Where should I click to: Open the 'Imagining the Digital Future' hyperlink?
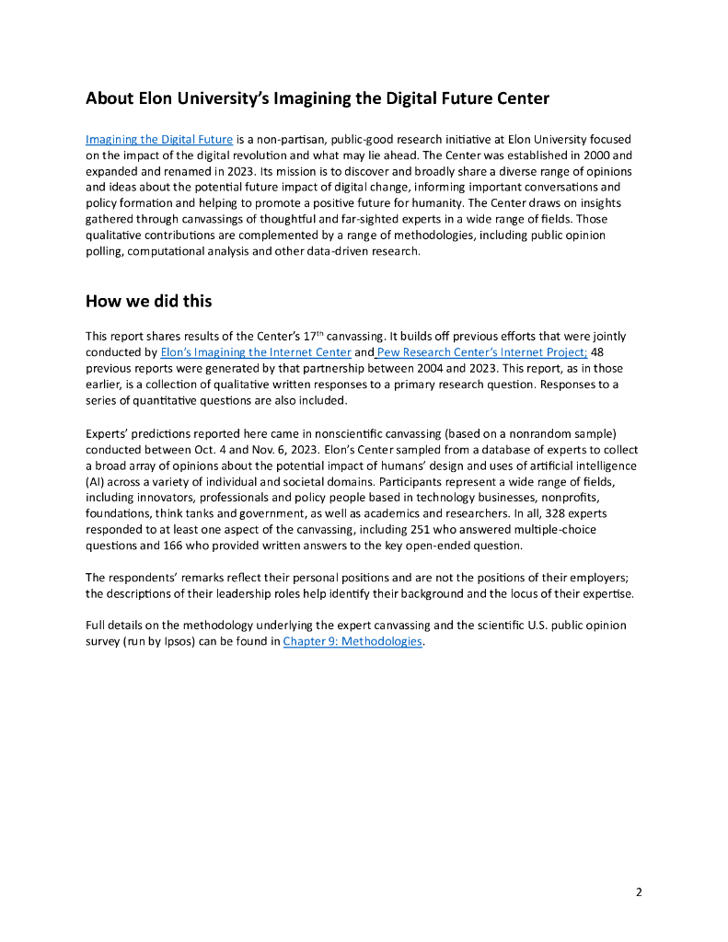pyautogui.click(x=158, y=140)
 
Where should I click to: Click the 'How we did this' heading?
pyautogui.click(x=149, y=300)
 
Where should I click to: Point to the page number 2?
pyautogui.click(x=639, y=891)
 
